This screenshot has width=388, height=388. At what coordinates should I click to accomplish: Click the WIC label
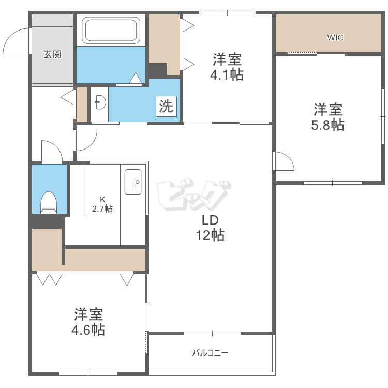[x=335, y=38]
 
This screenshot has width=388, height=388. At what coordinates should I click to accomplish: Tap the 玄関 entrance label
[x=52, y=54]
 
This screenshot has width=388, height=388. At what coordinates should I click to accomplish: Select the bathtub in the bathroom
[x=111, y=30]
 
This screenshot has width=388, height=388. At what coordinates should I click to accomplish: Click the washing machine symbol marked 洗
[x=166, y=106]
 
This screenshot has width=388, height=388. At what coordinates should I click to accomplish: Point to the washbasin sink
[x=101, y=102]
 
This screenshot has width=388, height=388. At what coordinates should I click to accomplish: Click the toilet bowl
[x=49, y=202]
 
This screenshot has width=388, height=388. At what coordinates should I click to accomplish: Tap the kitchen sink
[x=133, y=182]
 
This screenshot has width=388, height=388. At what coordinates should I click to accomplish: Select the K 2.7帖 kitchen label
[x=102, y=204]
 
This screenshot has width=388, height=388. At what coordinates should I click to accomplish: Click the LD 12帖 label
[x=211, y=228]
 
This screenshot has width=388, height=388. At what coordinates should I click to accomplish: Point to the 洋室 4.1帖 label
[x=227, y=67]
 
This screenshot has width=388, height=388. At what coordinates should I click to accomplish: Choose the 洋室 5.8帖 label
[x=327, y=117]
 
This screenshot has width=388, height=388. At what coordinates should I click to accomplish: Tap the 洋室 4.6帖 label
[x=88, y=322]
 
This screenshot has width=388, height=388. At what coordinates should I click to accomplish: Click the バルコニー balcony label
[x=210, y=353]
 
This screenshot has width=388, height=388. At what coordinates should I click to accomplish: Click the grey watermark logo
[x=194, y=195]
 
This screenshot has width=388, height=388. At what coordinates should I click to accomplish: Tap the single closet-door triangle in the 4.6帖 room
[x=127, y=279]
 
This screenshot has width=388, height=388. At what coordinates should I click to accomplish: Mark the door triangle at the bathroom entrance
[x=136, y=78]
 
